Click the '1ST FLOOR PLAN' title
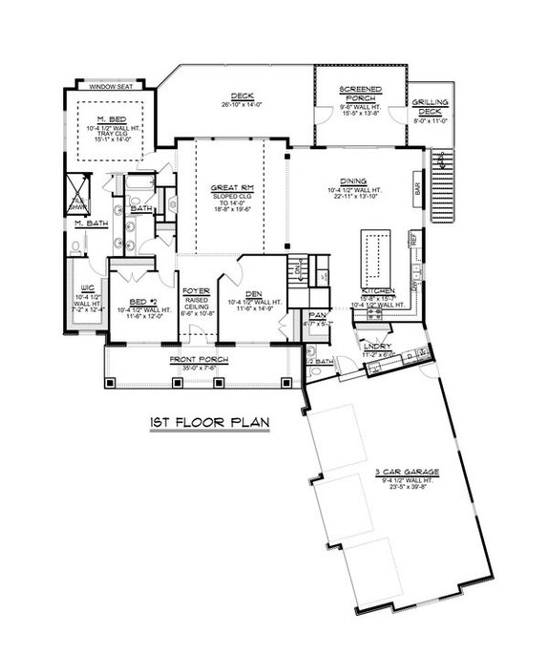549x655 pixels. point(207,421)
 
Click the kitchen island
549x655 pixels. point(372,256)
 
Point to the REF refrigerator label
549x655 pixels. point(413,243)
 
